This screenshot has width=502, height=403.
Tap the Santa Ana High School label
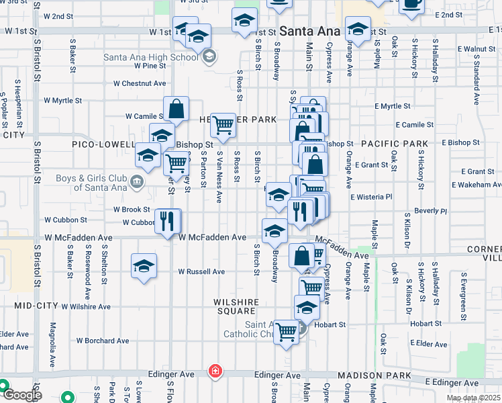tap(151, 57)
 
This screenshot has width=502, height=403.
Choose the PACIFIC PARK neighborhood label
tap(394, 144)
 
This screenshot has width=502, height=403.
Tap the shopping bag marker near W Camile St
tap(176, 109)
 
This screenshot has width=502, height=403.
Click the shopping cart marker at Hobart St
tap(287, 332)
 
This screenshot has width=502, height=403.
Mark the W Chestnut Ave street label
tap(140, 83)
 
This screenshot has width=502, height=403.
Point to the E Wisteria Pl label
tap(371, 197)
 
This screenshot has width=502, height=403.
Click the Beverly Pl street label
tap(430, 210)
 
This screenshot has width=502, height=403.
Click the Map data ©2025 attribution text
tap(473, 398)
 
